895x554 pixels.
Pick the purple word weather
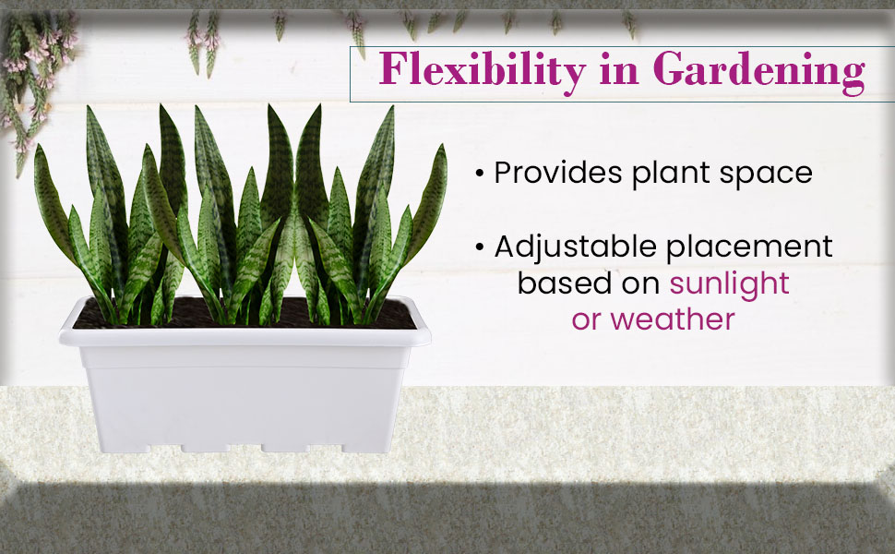click(x=673, y=319)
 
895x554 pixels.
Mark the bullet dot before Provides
click(x=480, y=174)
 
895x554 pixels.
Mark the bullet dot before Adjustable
click(x=480, y=247)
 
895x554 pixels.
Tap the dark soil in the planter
click(x=245, y=315)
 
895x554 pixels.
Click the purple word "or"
click(x=586, y=320)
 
